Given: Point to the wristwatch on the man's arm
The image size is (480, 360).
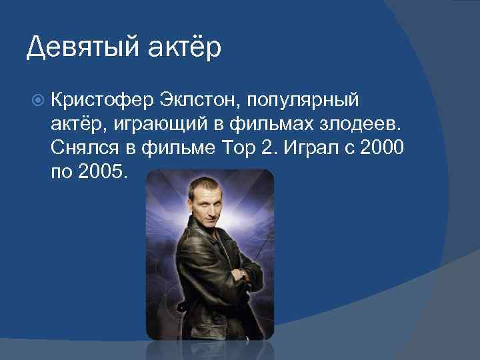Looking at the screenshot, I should tap(244, 274).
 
